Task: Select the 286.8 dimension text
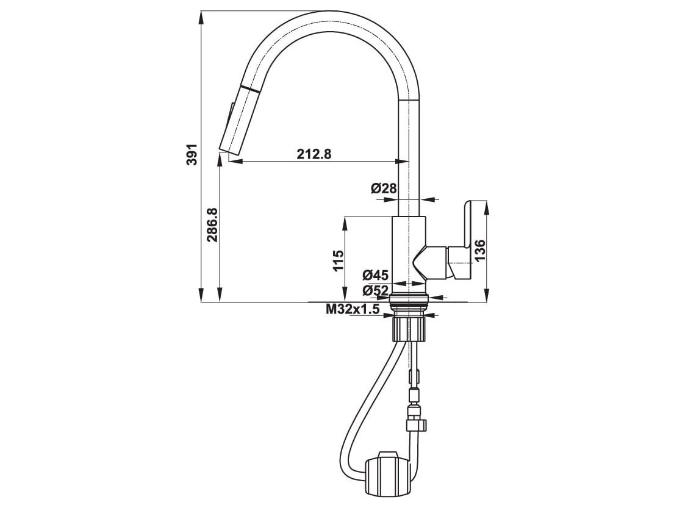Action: (212, 225)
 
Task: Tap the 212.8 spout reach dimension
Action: (314, 154)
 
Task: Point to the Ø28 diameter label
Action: (383, 188)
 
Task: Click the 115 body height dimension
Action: (339, 260)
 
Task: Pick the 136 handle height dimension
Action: (479, 250)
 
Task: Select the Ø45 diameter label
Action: (375, 274)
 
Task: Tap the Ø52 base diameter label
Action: (375, 290)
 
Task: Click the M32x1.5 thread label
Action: (353, 309)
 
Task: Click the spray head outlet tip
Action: (229, 152)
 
